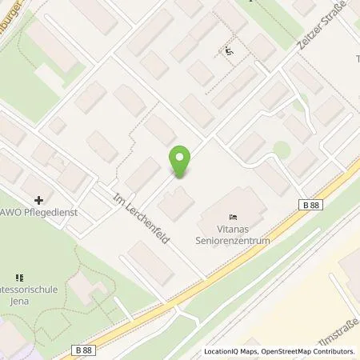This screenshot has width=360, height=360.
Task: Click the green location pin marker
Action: point(181,162)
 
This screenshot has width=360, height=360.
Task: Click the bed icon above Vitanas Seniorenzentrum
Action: point(233,217)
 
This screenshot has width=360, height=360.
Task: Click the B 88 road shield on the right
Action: point(314,206)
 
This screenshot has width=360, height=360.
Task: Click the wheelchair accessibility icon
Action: point(229,51)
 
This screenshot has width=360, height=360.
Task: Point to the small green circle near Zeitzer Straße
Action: point(280,149)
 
